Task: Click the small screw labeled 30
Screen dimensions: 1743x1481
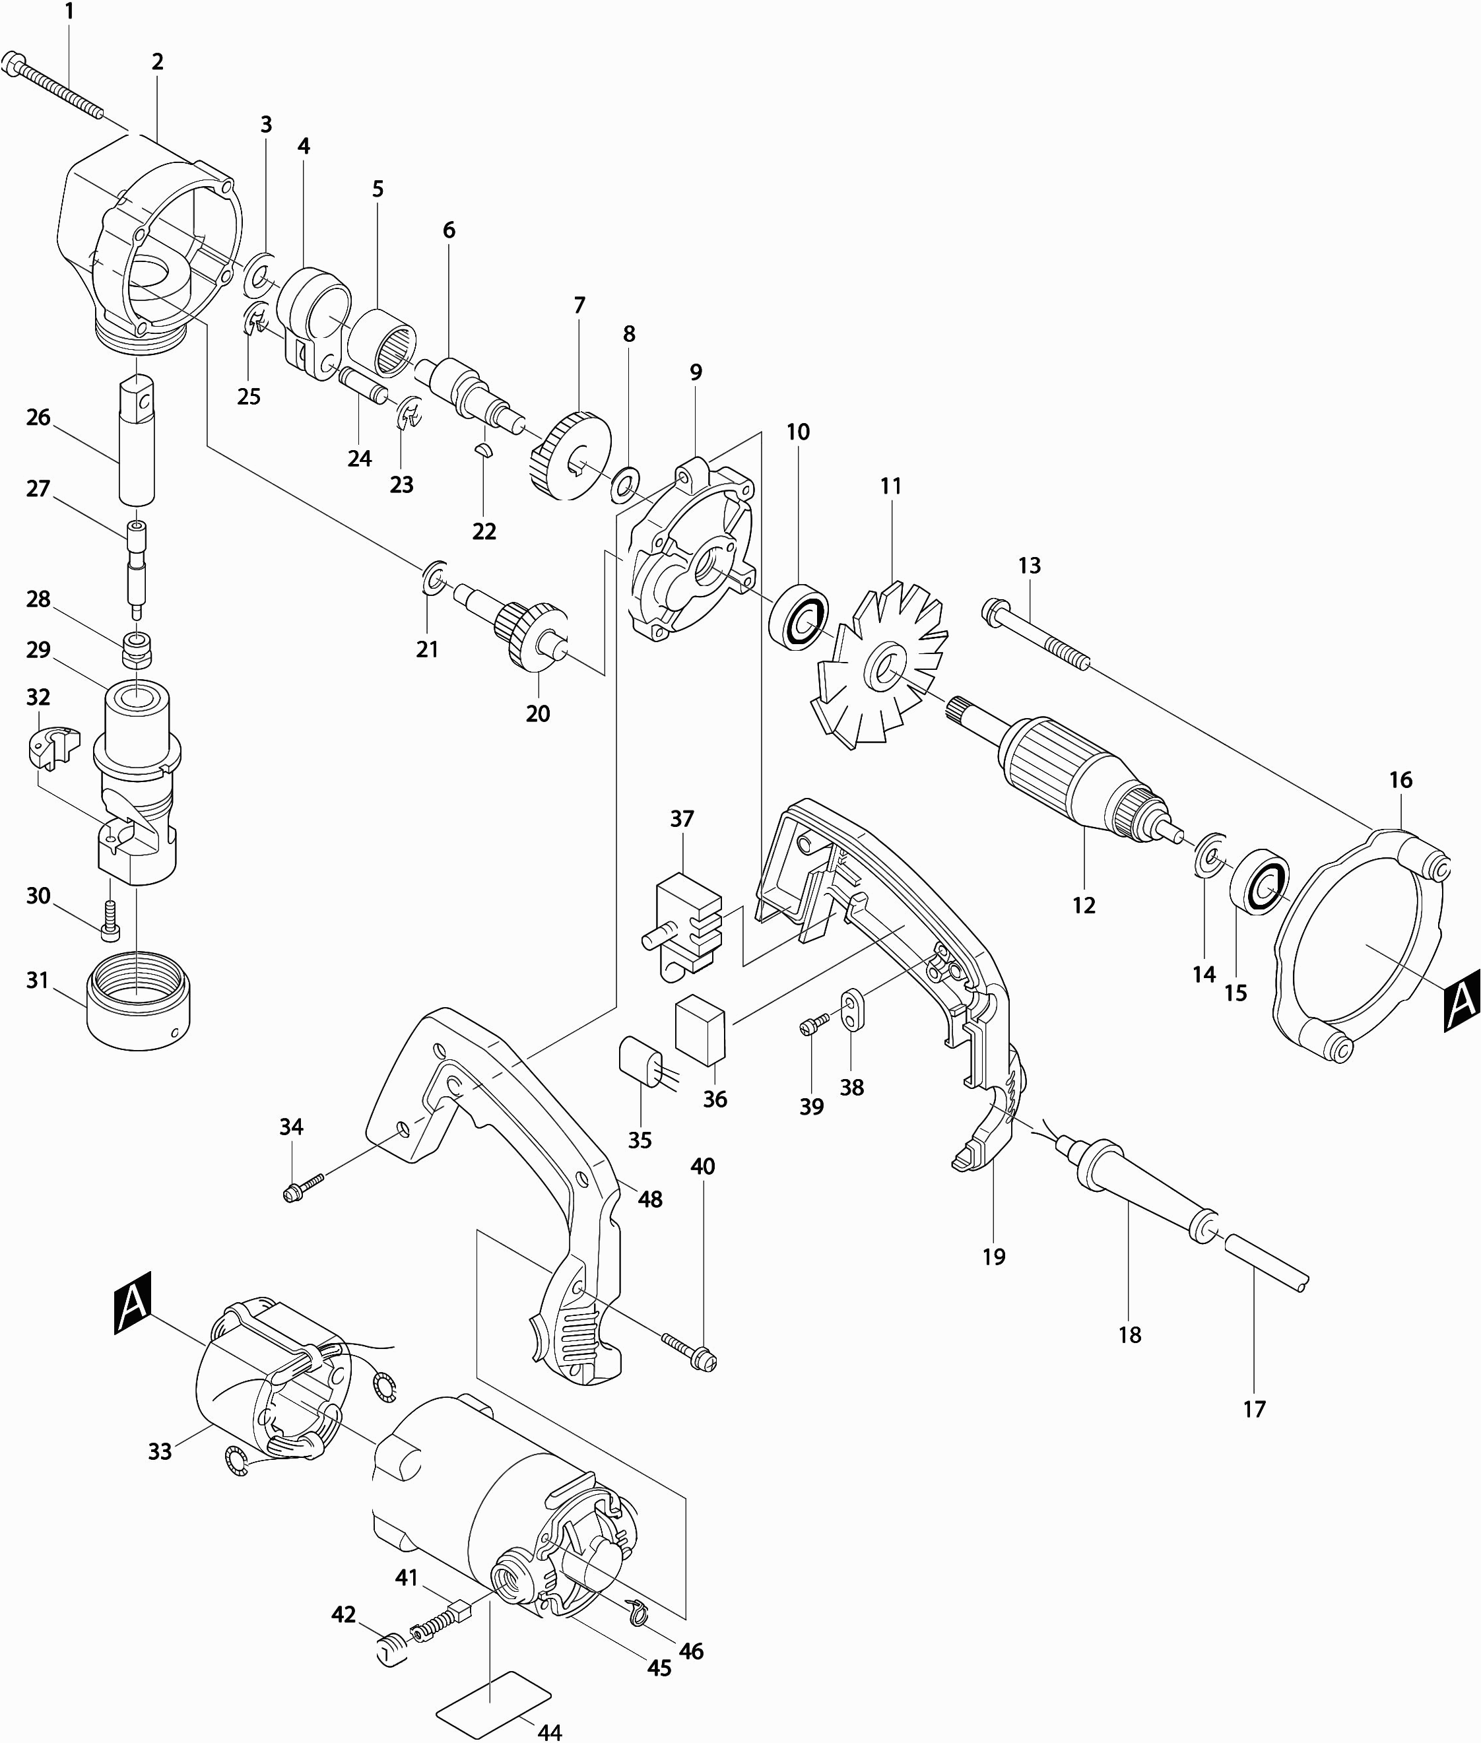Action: pyautogui.click(x=110, y=919)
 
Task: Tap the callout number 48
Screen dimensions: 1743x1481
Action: pyautogui.click(x=650, y=1199)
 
